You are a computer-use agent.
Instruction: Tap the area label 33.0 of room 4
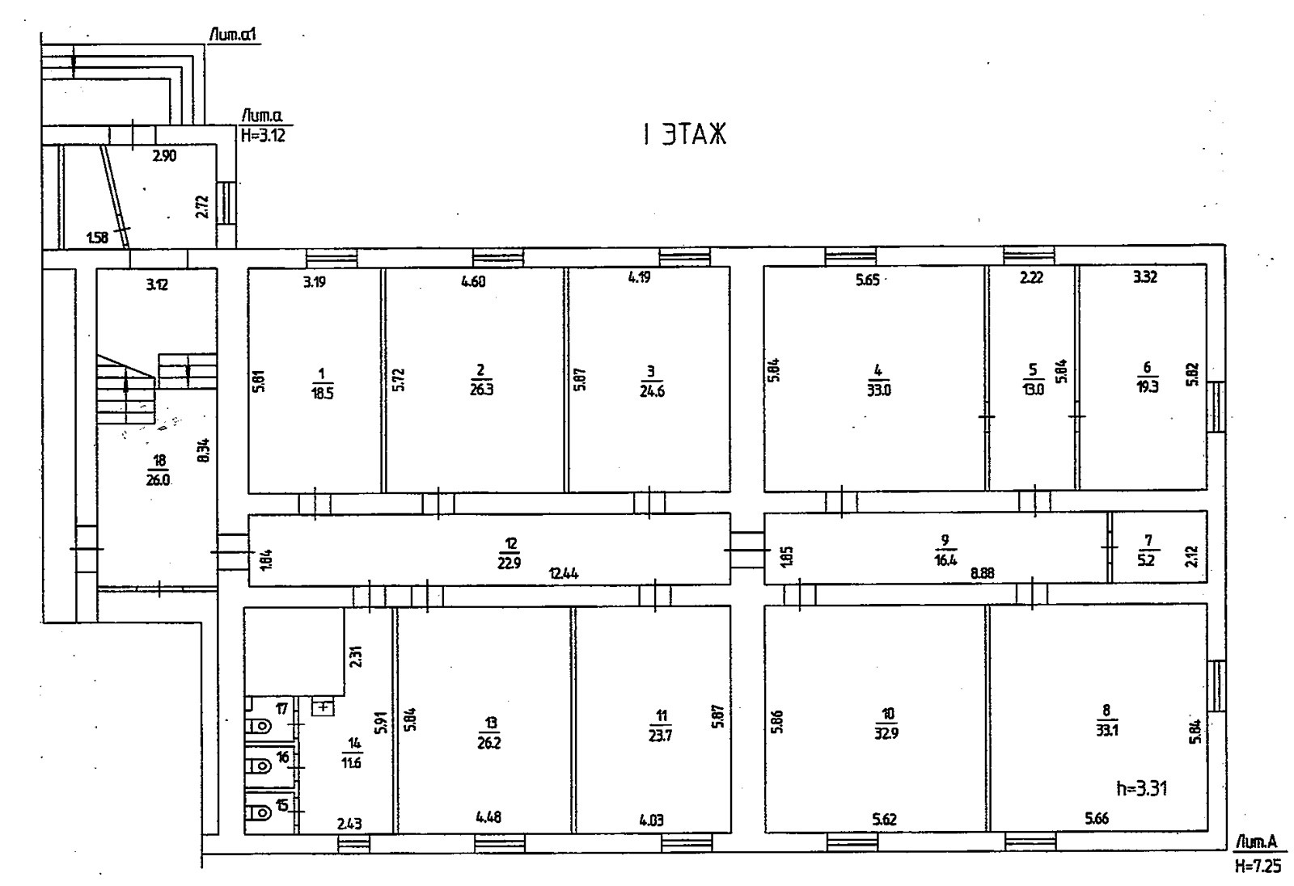tap(878, 390)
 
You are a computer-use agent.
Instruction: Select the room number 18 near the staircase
tap(159, 460)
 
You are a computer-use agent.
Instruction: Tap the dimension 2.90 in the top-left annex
tap(164, 156)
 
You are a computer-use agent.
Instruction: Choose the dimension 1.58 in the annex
tap(97, 238)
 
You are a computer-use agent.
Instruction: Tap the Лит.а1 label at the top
tap(233, 36)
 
